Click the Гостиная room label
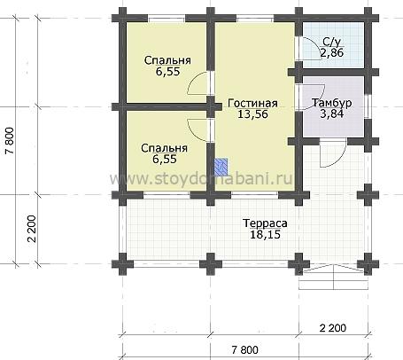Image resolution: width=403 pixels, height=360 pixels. click(252, 103)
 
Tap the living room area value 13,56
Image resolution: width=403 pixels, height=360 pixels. click(252, 114)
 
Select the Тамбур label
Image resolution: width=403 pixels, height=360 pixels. click(332, 103)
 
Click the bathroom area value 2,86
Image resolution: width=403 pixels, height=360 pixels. click(332, 53)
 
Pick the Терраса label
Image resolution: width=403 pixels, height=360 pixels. click(265, 223)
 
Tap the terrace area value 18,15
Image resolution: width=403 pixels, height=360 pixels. click(265, 235)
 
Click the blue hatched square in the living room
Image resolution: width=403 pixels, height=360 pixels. click(221, 166)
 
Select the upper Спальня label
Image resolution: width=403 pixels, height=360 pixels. click(167, 60)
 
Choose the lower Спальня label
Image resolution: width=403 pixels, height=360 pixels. click(164, 148)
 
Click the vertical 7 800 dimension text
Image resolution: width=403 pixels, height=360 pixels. click(10, 141)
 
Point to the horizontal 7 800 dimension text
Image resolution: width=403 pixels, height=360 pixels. click(244, 350)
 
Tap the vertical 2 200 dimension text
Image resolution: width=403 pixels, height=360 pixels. click(32, 229)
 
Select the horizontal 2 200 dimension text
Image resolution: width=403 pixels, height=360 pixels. click(333, 328)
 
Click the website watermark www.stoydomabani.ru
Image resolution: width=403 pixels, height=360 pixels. click(201, 178)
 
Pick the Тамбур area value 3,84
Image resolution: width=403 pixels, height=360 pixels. click(332, 113)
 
